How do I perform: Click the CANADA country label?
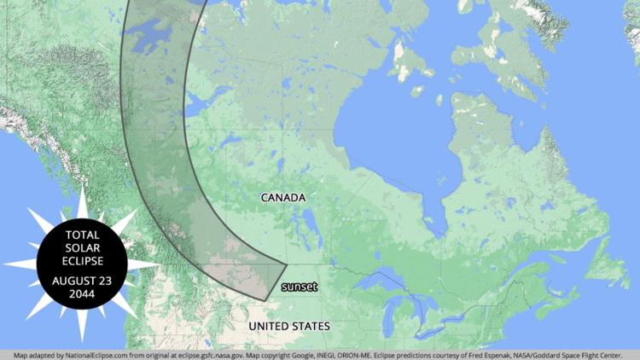pos(283,198)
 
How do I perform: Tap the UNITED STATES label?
pos(288,327)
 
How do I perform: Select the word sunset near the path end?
pos(300,287)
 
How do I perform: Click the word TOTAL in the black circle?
pos(82,235)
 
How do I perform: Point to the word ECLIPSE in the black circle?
pos(82,260)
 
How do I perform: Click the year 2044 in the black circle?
pos(82,293)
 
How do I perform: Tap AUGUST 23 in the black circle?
pos(82,280)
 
